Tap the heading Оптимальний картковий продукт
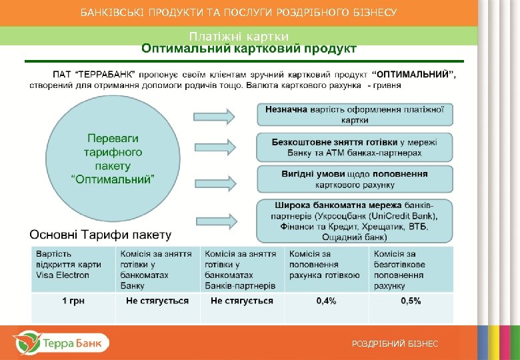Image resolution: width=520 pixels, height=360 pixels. point(249,49)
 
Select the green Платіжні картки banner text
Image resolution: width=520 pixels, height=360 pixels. point(239,36)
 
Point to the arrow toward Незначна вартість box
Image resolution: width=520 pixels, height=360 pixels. point(215,117)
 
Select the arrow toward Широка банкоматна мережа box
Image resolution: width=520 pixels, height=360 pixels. point(215,219)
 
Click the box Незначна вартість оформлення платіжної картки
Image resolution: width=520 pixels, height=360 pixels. point(355,114)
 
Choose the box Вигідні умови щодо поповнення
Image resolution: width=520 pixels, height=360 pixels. point(355,179)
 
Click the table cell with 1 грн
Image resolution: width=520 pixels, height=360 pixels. point(73,301)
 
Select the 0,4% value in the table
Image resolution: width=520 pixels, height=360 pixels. point(326,301)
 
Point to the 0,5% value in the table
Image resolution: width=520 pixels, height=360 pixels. point(411,301)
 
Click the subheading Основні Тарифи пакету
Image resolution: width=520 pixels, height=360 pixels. point(100,235)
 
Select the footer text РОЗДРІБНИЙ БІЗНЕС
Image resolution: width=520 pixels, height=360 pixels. point(395,343)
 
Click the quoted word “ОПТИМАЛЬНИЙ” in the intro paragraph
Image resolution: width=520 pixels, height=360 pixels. point(413,75)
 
